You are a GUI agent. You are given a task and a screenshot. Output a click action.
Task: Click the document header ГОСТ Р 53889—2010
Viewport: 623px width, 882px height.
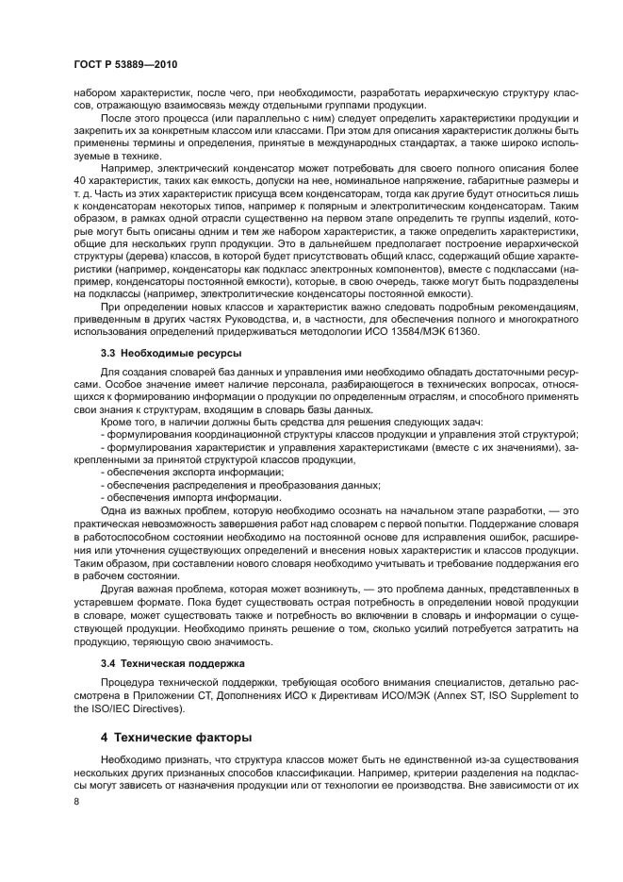pyautogui.click(x=125, y=63)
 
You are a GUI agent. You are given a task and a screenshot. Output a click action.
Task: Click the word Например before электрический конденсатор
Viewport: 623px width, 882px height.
pyautogui.click(x=127, y=167)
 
